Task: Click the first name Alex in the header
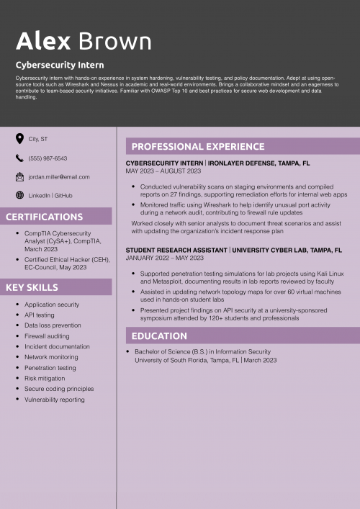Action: click(43, 41)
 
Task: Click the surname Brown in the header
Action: click(114, 41)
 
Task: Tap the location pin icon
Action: click(19, 138)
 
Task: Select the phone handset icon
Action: click(19, 158)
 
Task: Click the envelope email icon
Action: click(19, 176)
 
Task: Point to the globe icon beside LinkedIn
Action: click(19, 195)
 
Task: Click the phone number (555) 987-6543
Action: click(48, 158)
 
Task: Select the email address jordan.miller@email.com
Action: click(59, 177)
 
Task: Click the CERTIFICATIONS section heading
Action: click(45, 217)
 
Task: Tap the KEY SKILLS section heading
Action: click(32, 288)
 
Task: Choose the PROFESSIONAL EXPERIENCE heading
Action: click(188, 146)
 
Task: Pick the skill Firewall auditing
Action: click(48, 336)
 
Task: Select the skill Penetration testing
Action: click(50, 368)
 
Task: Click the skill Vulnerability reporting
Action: click(55, 400)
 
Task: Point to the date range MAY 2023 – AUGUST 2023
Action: click(163, 171)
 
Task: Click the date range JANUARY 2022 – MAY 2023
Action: click(165, 258)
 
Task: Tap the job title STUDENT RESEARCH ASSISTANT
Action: click(176, 250)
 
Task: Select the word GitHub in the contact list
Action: click(63, 196)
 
